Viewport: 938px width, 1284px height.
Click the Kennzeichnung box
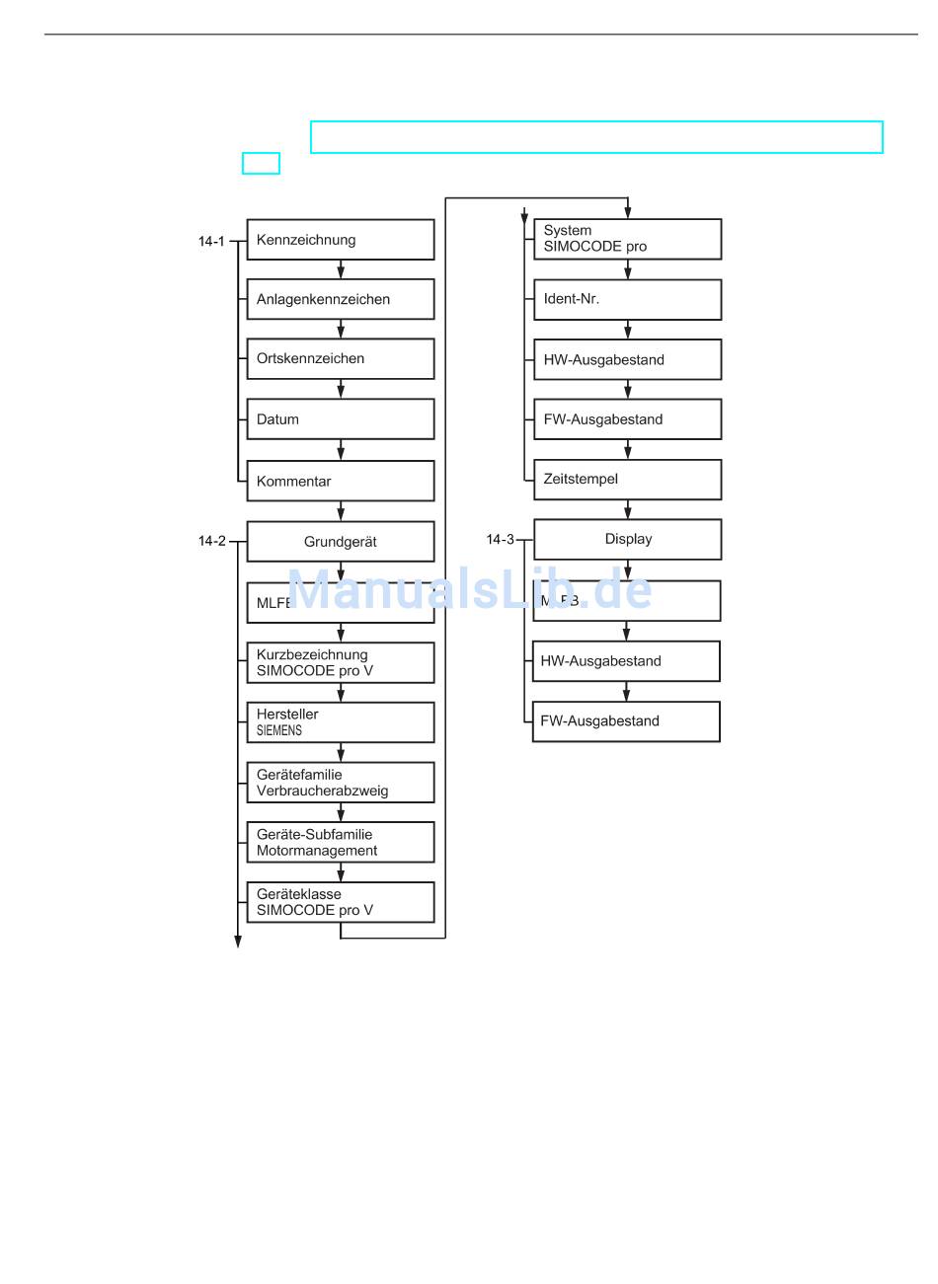coord(340,240)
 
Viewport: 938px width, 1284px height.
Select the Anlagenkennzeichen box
coord(340,299)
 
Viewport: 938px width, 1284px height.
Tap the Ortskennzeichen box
coord(340,359)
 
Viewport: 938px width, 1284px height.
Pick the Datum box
coord(340,419)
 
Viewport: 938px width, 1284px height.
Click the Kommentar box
coord(340,481)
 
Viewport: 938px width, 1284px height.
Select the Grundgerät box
coord(340,542)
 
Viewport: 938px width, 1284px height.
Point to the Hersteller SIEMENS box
coord(340,722)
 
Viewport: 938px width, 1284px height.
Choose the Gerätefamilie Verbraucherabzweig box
coord(340,783)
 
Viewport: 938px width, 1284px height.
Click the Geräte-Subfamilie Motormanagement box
coord(340,843)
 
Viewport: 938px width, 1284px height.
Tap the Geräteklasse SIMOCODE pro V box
coord(340,902)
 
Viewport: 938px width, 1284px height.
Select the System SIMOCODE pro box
coord(627,239)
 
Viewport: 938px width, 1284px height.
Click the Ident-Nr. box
coord(627,299)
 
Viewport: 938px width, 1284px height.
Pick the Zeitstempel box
coord(627,480)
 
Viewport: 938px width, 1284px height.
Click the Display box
coord(627,540)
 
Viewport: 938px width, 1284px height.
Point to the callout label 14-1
coord(211,241)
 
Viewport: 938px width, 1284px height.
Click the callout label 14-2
coord(211,541)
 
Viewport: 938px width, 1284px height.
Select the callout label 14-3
coord(500,540)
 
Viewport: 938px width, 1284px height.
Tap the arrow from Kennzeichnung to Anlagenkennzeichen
coord(341,269)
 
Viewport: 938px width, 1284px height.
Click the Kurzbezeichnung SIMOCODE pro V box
coord(340,662)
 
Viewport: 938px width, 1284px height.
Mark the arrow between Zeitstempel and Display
coord(628,509)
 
